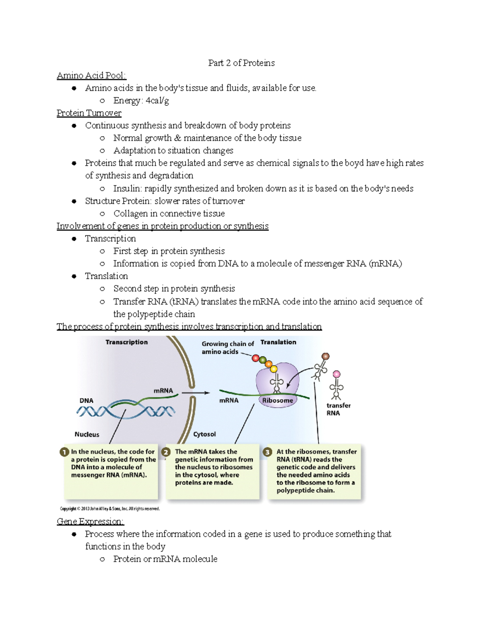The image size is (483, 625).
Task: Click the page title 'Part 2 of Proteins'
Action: click(241, 63)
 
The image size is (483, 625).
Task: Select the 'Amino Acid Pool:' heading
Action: click(91, 75)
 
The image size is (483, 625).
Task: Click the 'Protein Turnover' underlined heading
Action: click(89, 113)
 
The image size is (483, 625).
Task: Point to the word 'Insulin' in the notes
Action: click(127, 188)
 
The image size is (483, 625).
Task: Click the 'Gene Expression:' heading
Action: click(90, 522)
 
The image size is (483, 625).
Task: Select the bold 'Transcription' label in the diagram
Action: click(126, 342)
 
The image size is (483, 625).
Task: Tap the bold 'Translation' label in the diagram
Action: click(278, 342)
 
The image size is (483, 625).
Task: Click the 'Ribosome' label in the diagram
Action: click(277, 400)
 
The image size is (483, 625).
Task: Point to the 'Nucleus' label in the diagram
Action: click(87, 434)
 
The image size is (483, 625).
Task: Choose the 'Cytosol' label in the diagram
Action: click(204, 434)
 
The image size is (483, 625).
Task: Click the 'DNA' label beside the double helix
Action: click(86, 400)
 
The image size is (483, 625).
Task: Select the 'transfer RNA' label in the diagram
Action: click(338, 409)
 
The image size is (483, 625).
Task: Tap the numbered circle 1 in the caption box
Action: click(64, 452)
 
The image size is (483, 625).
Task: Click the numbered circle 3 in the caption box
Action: click(267, 452)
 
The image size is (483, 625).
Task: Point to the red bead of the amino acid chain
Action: click(256, 358)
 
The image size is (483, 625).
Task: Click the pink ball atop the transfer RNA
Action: click(336, 374)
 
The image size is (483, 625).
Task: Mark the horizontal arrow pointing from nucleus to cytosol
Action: click(196, 393)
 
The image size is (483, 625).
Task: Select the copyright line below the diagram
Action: click(110, 509)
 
